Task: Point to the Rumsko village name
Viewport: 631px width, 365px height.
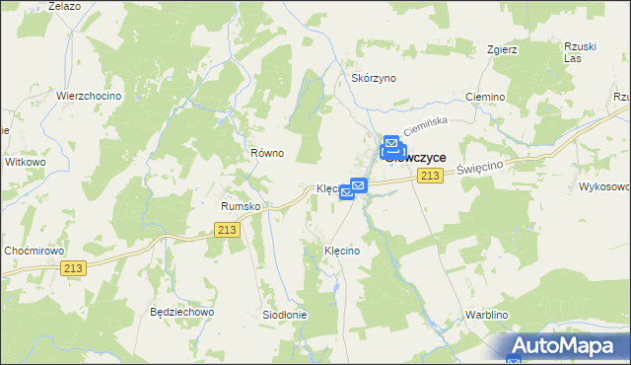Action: [x=240, y=206]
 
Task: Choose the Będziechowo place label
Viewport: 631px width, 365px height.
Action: [x=181, y=312]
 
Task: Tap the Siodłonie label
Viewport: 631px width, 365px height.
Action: [x=284, y=315]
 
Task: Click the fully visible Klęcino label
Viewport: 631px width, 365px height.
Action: [x=342, y=252]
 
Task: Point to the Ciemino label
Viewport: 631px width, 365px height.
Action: [x=485, y=98]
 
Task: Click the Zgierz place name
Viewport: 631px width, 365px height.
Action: [x=503, y=48]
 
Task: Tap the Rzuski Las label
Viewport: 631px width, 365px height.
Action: [x=581, y=52]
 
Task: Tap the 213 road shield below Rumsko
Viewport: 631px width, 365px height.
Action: [x=227, y=230]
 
